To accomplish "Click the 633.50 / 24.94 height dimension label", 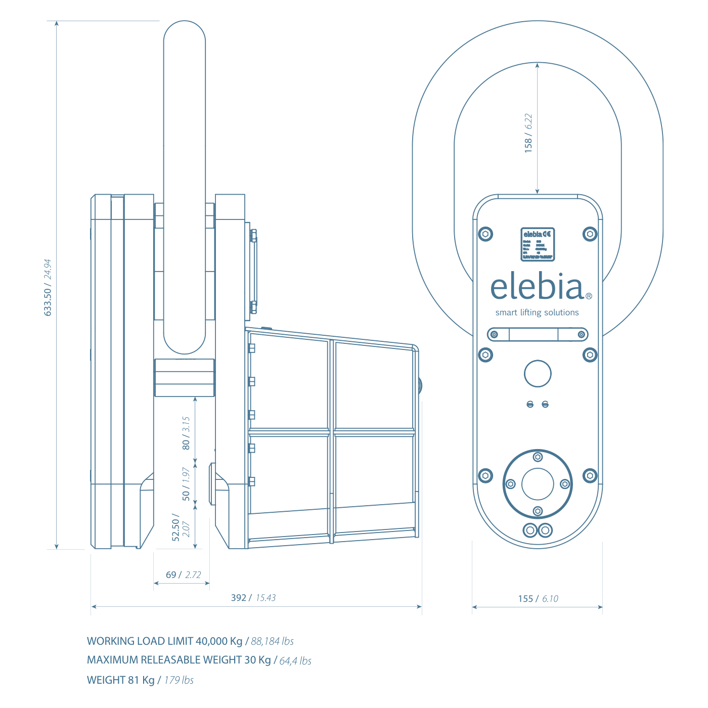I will tap(48, 288).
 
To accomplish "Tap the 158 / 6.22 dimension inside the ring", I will tap(528, 133).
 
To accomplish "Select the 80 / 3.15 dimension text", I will tap(186, 433).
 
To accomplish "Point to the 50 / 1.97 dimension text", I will tap(186, 484).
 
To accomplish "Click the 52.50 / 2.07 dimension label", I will tap(181, 527).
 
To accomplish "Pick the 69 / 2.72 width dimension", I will tap(183, 575).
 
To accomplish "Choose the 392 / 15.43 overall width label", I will tap(253, 598).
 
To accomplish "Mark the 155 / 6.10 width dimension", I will tap(538, 599).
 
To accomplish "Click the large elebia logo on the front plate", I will tap(538, 287).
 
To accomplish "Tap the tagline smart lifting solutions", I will tap(537, 313).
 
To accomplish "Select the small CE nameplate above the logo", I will tap(538, 244).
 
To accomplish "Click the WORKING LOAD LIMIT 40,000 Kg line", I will tap(190, 641).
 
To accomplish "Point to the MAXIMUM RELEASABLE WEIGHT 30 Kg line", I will tap(199, 660).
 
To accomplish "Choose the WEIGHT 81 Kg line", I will tap(140, 680).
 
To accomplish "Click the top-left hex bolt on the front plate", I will tap(485, 234).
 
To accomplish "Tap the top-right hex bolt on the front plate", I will tap(590, 234).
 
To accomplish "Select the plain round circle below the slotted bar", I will tap(538, 374).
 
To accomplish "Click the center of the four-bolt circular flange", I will tap(538, 484).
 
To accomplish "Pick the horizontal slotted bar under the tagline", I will tap(538, 334).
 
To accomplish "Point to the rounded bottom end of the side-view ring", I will tap(185, 344).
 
